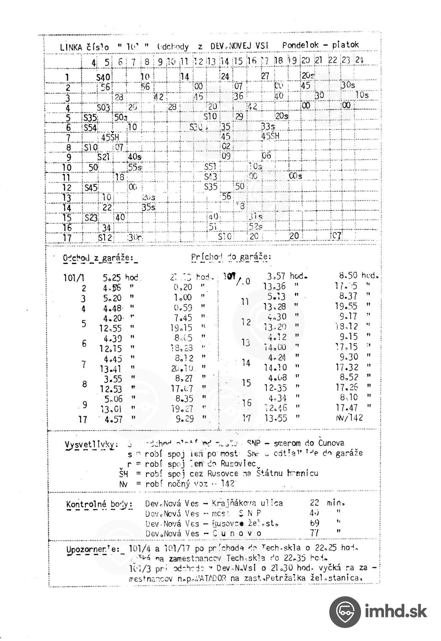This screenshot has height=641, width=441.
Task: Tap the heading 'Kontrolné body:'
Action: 99,504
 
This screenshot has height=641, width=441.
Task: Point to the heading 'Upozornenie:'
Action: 93,549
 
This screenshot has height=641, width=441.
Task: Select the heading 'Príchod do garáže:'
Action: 231,257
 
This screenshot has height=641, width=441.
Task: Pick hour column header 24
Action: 359,60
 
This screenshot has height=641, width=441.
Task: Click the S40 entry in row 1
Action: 103,77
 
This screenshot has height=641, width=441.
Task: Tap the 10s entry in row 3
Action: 362,95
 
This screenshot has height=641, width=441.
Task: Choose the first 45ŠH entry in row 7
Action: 110,137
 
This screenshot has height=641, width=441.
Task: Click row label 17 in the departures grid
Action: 67,238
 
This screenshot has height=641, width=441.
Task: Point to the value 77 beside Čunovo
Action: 314,533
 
